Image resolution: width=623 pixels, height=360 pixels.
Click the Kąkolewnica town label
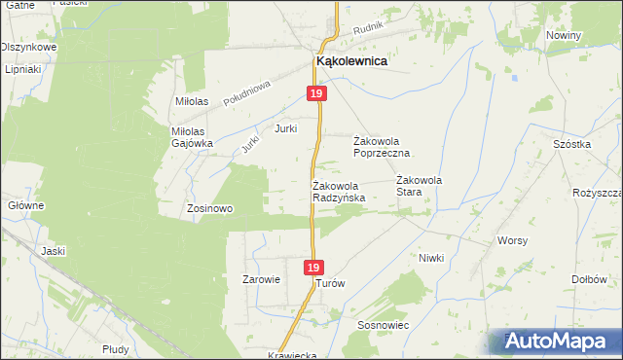pyautogui.click(x=351, y=60)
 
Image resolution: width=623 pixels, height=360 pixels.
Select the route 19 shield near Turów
pyautogui.click(x=311, y=268)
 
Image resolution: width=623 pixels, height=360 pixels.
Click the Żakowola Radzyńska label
pyautogui.click(x=339, y=192)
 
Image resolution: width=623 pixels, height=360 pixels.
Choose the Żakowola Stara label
pyautogui.click(x=421, y=186)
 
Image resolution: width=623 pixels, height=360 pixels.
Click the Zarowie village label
pyautogui.click(x=261, y=279)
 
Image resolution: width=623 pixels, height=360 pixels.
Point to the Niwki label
pyautogui.click(x=431, y=258)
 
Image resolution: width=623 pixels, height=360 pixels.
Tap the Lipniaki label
pyautogui.click(x=20, y=70)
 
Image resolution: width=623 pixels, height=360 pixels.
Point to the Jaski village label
pyautogui.click(x=53, y=251)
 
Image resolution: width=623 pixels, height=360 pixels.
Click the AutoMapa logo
pyautogui.click(x=559, y=342)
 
